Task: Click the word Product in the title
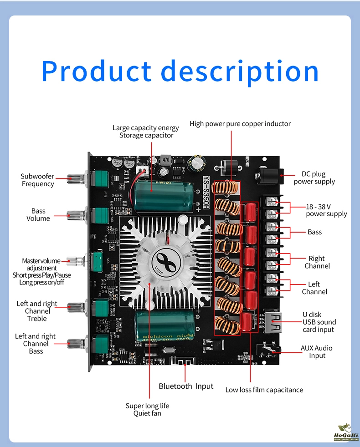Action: point(96,71)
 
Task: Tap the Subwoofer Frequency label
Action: point(37,180)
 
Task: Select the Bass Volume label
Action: point(38,214)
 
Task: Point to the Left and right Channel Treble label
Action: point(37,311)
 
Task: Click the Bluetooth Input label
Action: point(186,386)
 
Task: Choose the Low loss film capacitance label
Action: point(264,390)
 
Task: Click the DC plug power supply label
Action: point(314,178)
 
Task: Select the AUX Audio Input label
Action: point(316,351)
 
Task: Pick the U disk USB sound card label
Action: point(319,322)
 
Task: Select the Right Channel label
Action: point(317,262)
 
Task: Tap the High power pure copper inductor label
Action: point(240,124)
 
